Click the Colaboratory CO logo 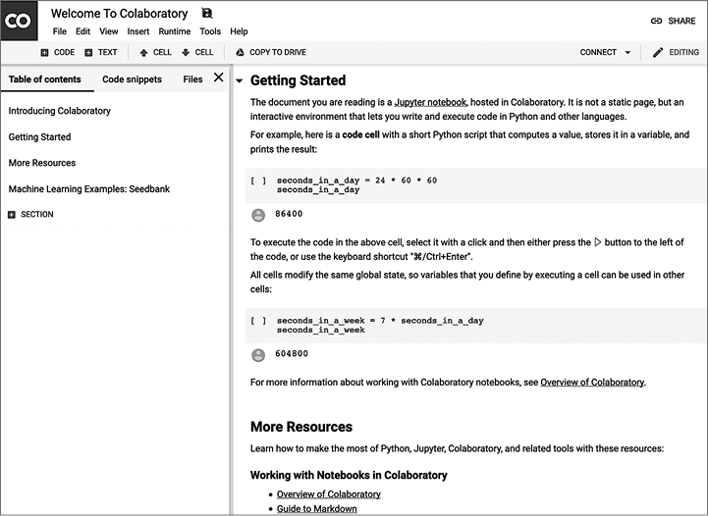pos(19,20)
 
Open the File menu pos(60,31)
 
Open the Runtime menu pos(175,31)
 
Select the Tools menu pos(210,31)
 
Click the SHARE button pos(673,21)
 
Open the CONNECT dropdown pos(605,52)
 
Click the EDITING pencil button pos(676,52)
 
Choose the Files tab pos(192,79)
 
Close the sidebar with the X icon pos(218,77)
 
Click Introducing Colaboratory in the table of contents pos(60,111)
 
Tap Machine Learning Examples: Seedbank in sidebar pos(89,188)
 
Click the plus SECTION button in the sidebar pos(30,214)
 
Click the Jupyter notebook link pos(430,102)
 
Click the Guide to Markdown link pos(316,508)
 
